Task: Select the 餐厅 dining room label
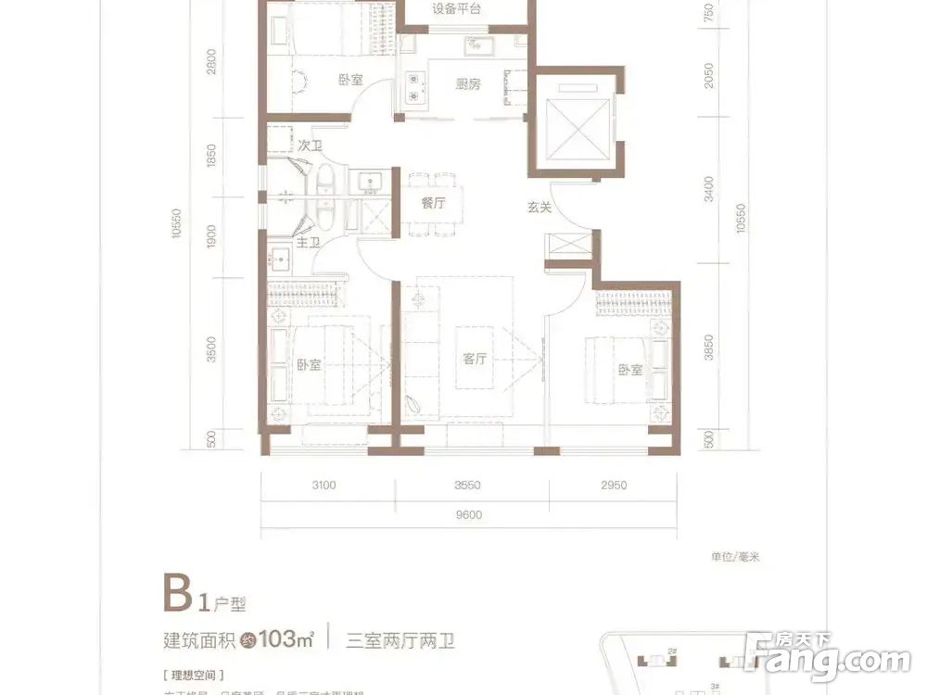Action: [x=434, y=204]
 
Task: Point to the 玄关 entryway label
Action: [x=540, y=208]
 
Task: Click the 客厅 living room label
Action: [x=475, y=359]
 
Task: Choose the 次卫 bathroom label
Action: [x=310, y=146]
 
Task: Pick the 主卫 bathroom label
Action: [x=308, y=243]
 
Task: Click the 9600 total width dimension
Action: [x=469, y=516]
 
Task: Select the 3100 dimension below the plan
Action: [x=323, y=485]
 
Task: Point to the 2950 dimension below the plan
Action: [x=614, y=485]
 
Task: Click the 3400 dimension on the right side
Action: [x=708, y=193]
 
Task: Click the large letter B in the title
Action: [x=178, y=593]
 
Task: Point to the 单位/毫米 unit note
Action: [x=735, y=557]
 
